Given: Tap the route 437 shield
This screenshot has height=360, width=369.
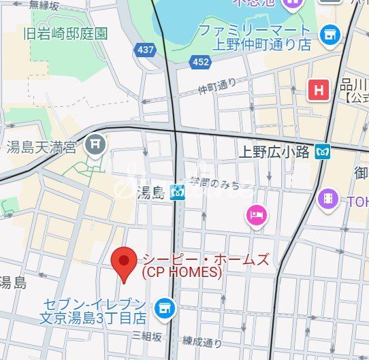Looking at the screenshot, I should coord(145,49).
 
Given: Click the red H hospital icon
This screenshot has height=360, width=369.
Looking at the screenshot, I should coord(318,89).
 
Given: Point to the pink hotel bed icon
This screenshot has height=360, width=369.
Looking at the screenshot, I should coord(257,216).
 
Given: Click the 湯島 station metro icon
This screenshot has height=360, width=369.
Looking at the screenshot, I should coord(179,193).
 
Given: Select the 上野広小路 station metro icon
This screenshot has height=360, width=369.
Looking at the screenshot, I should coord(323,152).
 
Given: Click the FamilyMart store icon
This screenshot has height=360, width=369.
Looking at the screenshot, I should coord(331,33).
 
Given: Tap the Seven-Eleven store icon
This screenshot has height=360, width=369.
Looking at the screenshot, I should coord(163,308).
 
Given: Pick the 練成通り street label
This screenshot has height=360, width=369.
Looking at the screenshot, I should coord(202,342).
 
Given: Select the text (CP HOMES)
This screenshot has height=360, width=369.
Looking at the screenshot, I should coord(181,272).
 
